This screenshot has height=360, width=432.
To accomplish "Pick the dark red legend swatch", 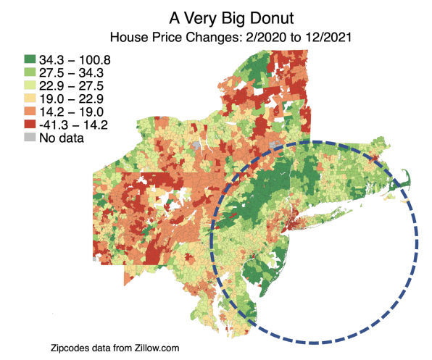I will click(30, 125).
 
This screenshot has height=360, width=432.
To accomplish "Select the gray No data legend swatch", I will click(30, 138).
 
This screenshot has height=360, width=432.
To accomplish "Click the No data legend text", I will click(64, 138).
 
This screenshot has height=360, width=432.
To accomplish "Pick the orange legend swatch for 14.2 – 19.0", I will click(30, 112).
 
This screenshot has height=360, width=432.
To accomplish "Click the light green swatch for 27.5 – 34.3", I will click(30, 72).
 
